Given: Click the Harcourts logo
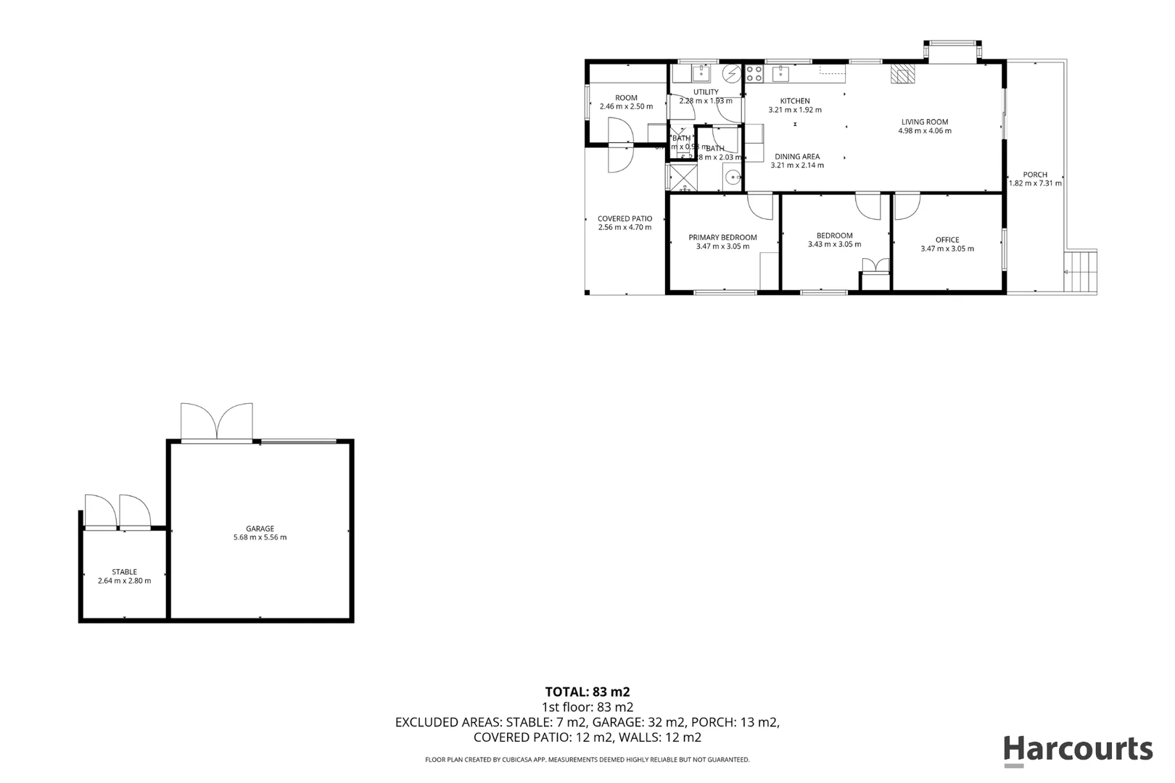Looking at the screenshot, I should point(1078,749).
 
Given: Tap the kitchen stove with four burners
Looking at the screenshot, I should point(754,73).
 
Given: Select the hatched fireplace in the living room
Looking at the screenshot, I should point(903,73).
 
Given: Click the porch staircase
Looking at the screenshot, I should point(1081,270).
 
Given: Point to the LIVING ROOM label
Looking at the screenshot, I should point(925,123).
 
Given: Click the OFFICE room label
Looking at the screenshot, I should point(947,240).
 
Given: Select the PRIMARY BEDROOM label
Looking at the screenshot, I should point(722,237).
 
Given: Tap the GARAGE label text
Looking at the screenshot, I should point(260,529).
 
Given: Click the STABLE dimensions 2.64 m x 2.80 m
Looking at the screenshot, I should point(125,581).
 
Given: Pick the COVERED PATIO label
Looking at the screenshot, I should point(624,218).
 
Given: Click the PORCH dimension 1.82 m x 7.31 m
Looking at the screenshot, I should point(1035,183).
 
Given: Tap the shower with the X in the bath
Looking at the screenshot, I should point(681,177).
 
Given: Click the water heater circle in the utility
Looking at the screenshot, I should point(731,73).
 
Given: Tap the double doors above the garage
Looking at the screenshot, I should point(218,422).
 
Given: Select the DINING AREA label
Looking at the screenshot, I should point(797,157).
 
